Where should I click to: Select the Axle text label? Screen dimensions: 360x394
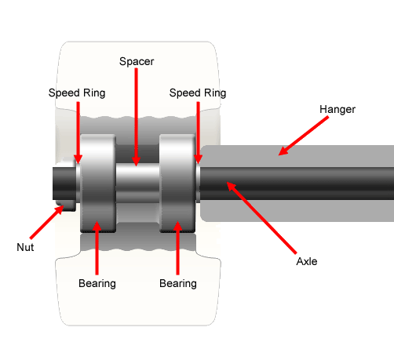[x=306, y=261]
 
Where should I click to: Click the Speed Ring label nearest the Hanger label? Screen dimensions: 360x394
[x=198, y=93]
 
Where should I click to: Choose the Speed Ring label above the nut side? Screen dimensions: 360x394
[x=76, y=93]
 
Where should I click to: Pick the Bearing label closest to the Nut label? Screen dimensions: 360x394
[x=97, y=283]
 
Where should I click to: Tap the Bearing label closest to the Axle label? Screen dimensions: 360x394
[x=178, y=283]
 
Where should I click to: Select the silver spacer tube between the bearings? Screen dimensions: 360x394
[x=138, y=184]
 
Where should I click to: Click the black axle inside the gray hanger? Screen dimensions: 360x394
[x=314, y=184]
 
